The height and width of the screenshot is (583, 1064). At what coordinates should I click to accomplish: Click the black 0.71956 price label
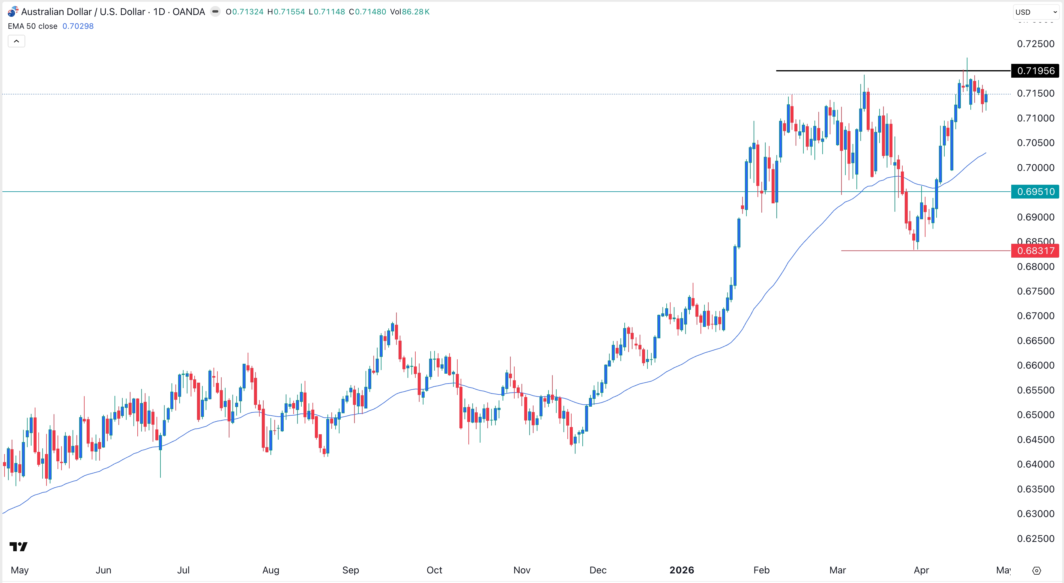[1035, 71]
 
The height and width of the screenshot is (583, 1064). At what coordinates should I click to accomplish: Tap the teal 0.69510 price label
[1035, 192]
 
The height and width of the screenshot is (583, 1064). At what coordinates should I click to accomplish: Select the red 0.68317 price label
[1035, 251]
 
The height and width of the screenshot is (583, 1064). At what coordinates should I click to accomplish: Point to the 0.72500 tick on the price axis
[1036, 44]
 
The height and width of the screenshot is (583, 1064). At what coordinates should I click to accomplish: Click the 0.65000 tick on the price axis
[1036, 415]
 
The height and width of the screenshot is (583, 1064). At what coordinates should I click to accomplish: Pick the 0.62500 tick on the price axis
[1036, 538]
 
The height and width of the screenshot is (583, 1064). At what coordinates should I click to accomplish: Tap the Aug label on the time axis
[271, 570]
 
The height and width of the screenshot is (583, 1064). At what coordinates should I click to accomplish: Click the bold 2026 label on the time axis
[682, 570]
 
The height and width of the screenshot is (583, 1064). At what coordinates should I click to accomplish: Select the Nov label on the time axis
[522, 570]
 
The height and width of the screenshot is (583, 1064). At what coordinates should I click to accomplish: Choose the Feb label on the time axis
[761, 570]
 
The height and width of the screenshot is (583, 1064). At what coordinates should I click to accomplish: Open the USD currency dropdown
[1036, 12]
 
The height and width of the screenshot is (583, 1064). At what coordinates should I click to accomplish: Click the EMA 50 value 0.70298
[78, 26]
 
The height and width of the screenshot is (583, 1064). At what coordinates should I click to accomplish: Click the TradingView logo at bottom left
[19, 547]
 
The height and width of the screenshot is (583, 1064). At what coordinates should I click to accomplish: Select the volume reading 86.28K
[416, 12]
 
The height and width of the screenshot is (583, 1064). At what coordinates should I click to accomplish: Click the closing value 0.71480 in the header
[370, 12]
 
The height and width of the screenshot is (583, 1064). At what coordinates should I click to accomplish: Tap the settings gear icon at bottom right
[1036, 571]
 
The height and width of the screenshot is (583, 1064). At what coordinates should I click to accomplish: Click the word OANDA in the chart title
[189, 12]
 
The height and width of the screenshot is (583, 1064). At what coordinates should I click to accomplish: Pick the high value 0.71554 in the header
[289, 12]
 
